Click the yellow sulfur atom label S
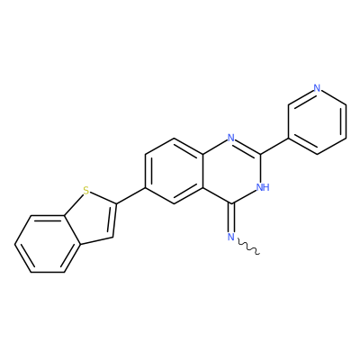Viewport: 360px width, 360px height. [86, 191]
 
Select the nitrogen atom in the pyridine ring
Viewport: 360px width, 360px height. [317, 88]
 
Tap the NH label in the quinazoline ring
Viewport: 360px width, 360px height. [263, 187]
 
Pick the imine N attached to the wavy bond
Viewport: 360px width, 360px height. [231, 237]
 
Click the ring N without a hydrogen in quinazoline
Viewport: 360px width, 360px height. [231, 138]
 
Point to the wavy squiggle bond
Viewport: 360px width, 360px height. [248, 247]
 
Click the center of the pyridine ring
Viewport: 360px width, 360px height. [317, 121]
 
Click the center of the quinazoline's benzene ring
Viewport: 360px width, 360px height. [174, 171]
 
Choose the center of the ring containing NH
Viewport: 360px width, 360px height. [231, 171]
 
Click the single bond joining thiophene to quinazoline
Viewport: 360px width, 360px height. [130, 195]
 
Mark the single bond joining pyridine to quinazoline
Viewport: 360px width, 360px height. [274, 147]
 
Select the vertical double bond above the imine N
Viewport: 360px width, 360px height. [231, 218]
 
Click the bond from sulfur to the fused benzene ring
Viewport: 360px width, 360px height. [74, 204]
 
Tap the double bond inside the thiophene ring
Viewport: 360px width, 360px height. [113, 220]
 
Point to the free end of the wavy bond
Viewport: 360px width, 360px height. [259, 255]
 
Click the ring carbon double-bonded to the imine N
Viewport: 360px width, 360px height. [231, 204]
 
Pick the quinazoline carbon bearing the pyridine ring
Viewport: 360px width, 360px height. [260, 155]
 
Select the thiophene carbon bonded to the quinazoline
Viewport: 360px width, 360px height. [116, 204]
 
